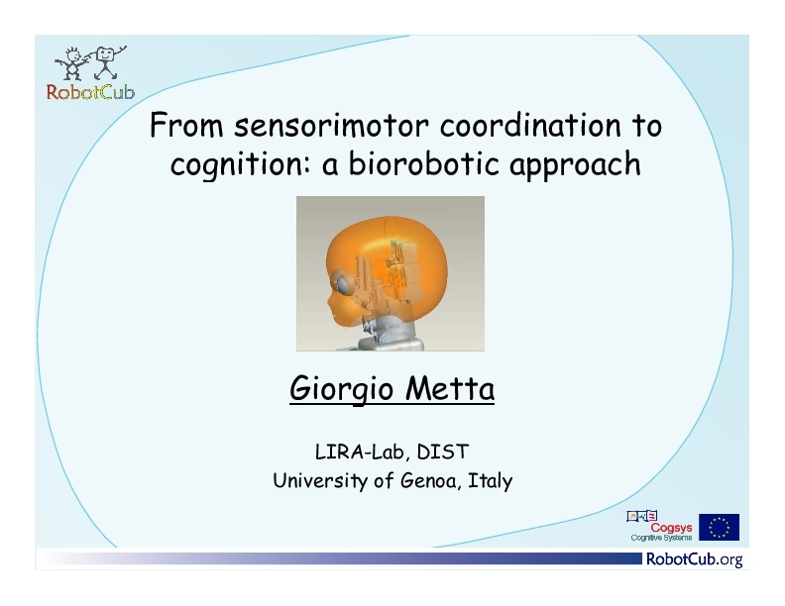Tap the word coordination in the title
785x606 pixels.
pos(530,125)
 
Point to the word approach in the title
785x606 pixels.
pos(575,165)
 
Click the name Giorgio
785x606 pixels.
pos(341,389)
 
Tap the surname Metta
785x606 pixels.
pos(450,388)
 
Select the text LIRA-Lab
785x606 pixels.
pos(359,452)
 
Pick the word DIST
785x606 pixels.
pos(443,452)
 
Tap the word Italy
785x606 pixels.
pos(490,481)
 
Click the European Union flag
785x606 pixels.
pos(719,527)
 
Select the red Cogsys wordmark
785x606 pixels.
pos(671,528)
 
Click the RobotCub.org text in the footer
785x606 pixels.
pos(695,559)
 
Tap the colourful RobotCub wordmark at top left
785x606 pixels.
pos(90,92)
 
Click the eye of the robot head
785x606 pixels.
pos(343,285)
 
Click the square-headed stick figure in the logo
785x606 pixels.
pos(107,62)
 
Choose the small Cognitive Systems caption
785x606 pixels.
pos(661,538)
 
